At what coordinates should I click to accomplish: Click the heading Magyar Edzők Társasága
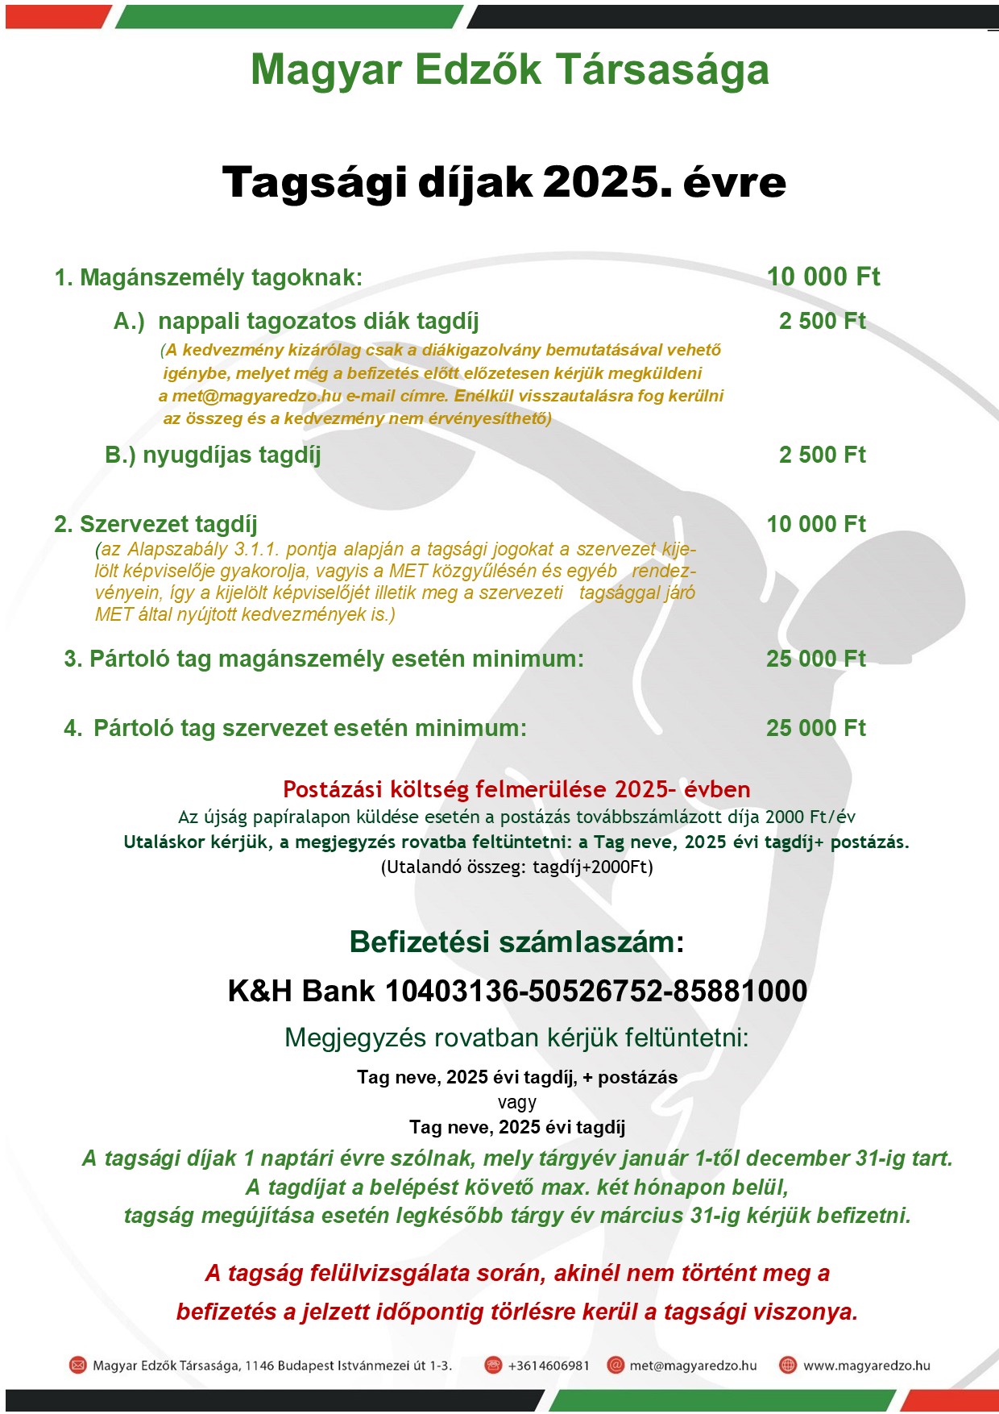pyautogui.click(x=509, y=70)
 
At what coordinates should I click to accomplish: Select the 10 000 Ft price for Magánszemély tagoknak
pyautogui.click(x=823, y=277)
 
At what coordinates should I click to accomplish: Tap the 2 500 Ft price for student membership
pyautogui.click(x=822, y=321)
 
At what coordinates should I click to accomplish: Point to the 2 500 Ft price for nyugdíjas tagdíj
pyautogui.click(x=822, y=455)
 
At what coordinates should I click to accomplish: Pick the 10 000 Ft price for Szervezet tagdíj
pyautogui.click(x=815, y=524)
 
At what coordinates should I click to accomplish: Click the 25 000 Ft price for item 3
pyautogui.click(x=815, y=659)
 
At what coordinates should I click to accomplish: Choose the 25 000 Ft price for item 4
pyautogui.click(x=815, y=728)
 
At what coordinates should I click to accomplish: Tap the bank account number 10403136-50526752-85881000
pyautogui.click(x=596, y=991)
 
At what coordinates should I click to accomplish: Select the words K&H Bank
pyautogui.click(x=301, y=991)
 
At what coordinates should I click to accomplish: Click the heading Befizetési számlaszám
pyautogui.click(x=516, y=942)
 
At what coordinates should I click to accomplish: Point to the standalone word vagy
pyautogui.click(x=516, y=1102)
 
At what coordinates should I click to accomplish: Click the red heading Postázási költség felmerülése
pyautogui.click(x=516, y=788)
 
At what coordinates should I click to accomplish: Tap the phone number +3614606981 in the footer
pyautogui.click(x=549, y=1366)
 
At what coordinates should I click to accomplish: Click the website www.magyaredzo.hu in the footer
pyautogui.click(x=866, y=1366)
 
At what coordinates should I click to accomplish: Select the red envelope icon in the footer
pyautogui.click(x=77, y=1365)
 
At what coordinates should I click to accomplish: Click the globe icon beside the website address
pyautogui.click(x=788, y=1365)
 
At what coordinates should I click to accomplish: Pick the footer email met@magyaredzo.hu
pyautogui.click(x=693, y=1366)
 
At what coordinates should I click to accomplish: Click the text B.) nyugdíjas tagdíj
pyautogui.click(x=213, y=455)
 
